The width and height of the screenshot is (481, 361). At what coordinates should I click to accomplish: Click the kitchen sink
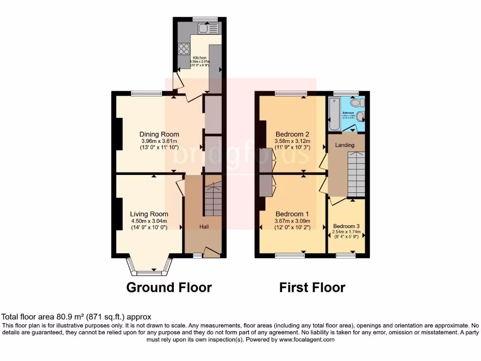[207, 29]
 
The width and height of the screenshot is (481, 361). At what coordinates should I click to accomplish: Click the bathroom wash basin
[361, 117]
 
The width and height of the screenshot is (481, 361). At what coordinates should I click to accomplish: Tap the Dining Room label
[159, 134]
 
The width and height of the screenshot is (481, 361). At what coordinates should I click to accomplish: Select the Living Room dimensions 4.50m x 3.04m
[149, 221]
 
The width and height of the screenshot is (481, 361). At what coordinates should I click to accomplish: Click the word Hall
[204, 227]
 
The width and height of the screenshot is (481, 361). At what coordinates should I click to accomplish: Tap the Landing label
[344, 145]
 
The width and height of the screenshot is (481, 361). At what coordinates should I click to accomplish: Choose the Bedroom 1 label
[291, 214]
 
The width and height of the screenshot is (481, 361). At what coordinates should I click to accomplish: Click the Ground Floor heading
[169, 287]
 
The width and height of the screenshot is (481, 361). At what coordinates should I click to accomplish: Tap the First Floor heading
[312, 287]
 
